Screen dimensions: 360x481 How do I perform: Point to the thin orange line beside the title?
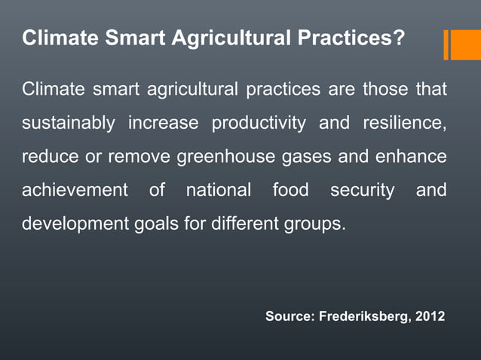point(446,44)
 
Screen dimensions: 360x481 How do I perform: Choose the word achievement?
point(75,191)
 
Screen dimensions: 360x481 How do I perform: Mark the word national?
point(218,191)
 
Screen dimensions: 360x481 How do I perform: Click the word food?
point(290,191)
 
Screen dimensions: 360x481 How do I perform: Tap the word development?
point(75,224)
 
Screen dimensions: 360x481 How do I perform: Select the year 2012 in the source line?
point(429,317)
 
